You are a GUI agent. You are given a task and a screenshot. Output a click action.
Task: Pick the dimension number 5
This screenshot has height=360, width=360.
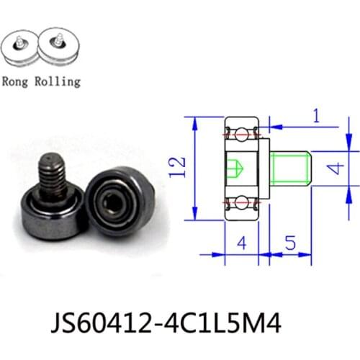pos(287,246)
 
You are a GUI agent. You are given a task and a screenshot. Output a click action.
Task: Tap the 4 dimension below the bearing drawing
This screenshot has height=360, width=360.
pos(241,246)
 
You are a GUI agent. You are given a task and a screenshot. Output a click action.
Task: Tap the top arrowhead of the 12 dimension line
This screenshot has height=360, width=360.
pos(195,120)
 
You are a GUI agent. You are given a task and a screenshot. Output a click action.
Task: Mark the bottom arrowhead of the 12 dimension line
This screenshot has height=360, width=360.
pos(195,217)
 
